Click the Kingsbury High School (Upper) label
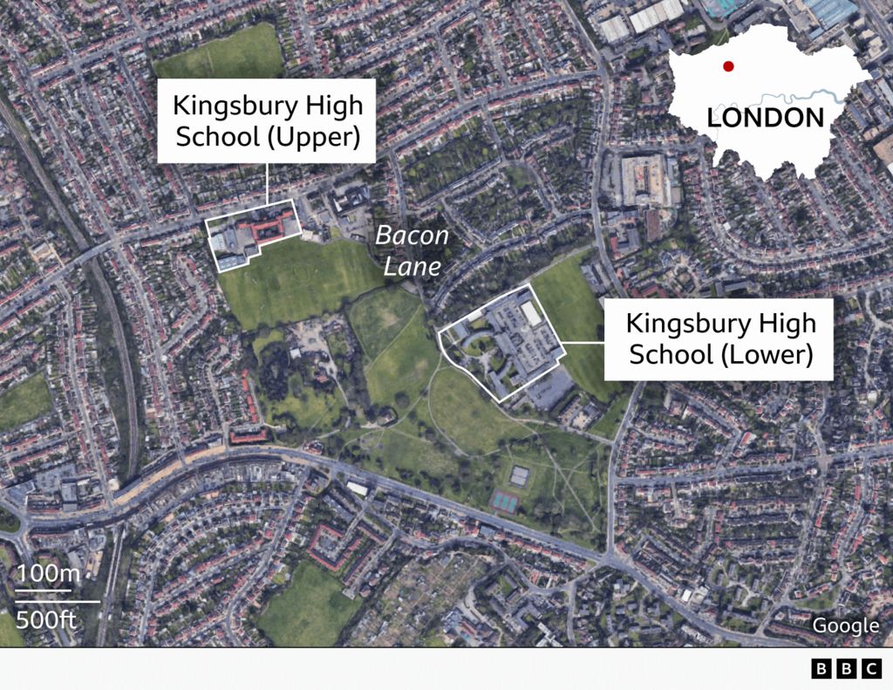point(266,120)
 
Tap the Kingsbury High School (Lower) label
point(720,338)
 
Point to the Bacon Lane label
point(412,249)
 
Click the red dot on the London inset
point(728,66)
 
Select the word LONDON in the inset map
point(765,118)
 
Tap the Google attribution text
point(845,625)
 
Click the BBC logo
point(846,669)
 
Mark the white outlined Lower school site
point(501,345)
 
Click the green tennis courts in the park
point(504,500)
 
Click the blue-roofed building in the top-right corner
point(828,11)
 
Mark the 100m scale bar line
point(43,591)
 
